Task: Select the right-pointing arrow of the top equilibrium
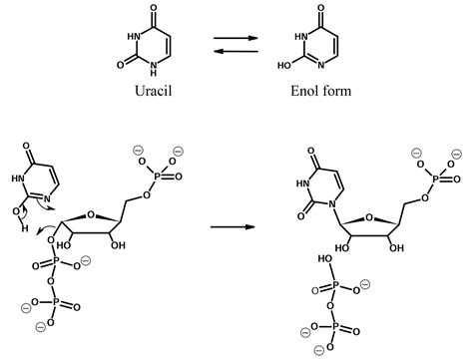tap(237, 39)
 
